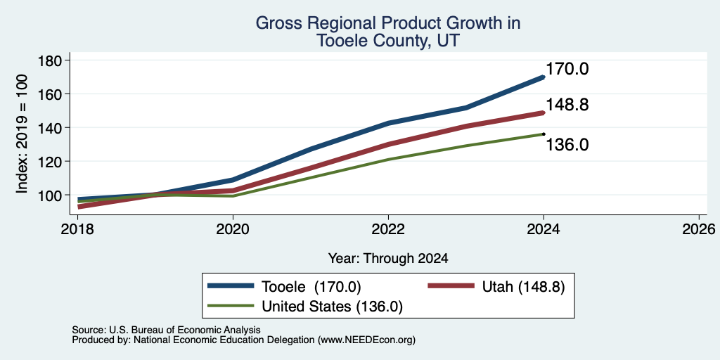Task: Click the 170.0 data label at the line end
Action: pyautogui.click(x=567, y=70)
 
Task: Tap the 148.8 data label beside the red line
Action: pyautogui.click(x=567, y=105)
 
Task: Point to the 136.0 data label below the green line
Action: pyautogui.click(x=567, y=145)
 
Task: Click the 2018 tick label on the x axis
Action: pyautogui.click(x=77, y=229)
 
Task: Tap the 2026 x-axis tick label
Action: pyautogui.click(x=699, y=229)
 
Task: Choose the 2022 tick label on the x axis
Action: pyautogui.click(x=388, y=229)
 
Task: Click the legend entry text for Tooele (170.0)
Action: pyautogui.click(x=311, y=287)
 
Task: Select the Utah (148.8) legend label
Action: pyautogui.click(x=523, y=287)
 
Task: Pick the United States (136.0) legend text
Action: pyautogui.click(x=332, y=307)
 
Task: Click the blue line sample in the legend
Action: pyautogui.click(x=231, y=286)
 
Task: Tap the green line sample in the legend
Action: pyautogui.click(x=231, y=305)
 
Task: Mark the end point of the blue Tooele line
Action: pyautogui.click(x=544, y=77)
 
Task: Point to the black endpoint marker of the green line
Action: pyautogui.click(x=544, y=134)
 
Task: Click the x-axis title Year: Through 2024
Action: pyautogui.click(x=388, y=259)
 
